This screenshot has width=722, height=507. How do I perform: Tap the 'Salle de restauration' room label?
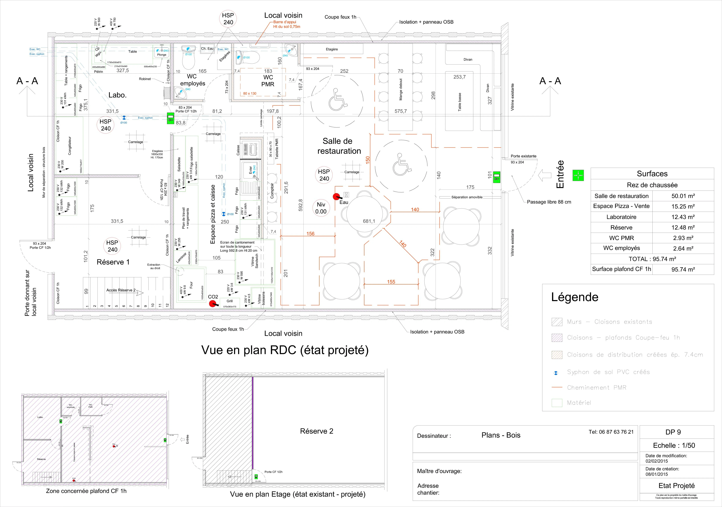click(x=339, y=146)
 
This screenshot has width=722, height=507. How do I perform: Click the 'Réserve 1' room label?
click(x=113, y=262)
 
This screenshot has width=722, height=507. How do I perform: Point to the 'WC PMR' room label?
click(x=268, y=81)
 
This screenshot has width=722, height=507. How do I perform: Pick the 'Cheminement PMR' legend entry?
click(x=596, y=388)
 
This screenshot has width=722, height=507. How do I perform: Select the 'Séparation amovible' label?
click(x=467, y=197)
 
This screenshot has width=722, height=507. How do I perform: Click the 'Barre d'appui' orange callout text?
click(x=285, y=22)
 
